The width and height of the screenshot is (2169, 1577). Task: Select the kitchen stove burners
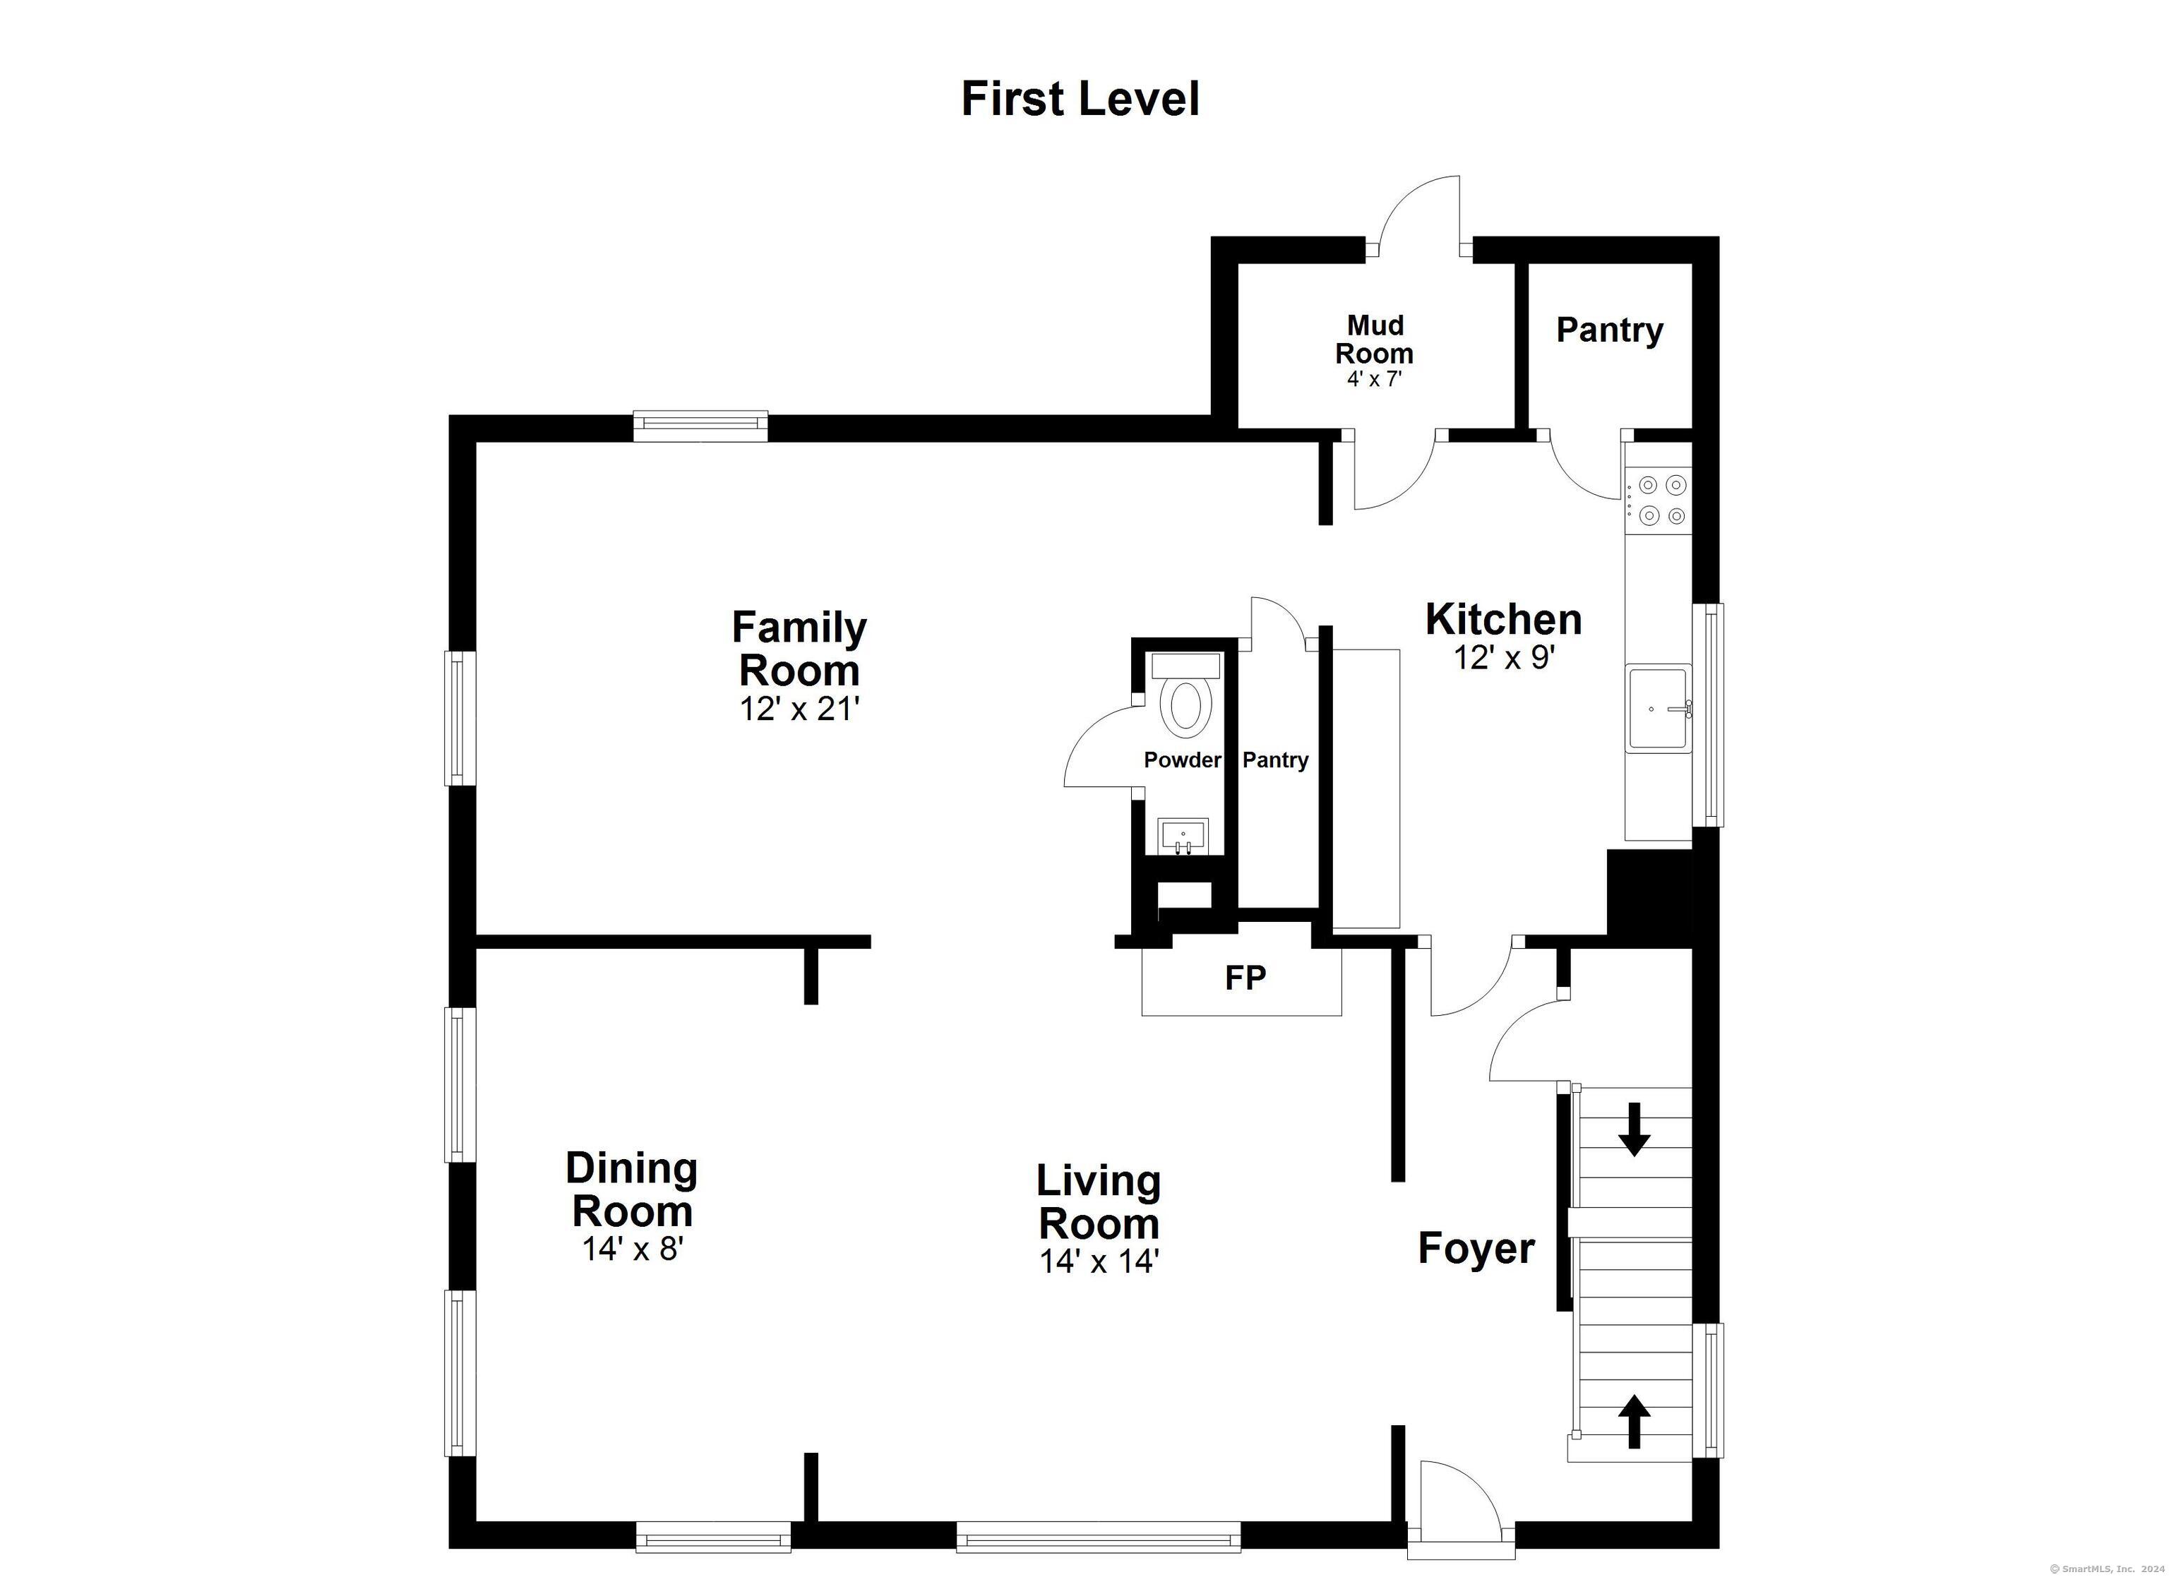1661,500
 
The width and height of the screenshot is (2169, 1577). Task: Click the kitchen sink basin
1659,709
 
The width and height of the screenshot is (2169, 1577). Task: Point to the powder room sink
1184,837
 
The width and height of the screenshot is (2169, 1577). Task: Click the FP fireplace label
1245,978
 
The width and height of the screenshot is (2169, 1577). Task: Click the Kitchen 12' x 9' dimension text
1505,658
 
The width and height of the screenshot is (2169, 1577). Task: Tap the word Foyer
1476,1248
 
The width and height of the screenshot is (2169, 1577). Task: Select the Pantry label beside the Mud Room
1610,330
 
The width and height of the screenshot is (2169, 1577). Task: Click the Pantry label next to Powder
1275,760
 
